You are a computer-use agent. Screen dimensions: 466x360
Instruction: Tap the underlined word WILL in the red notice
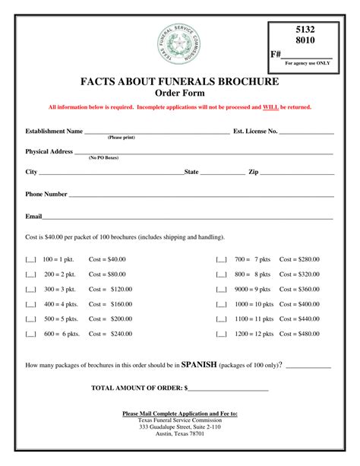pos(270,107)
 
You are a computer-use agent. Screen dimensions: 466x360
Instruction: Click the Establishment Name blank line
pos(156,132)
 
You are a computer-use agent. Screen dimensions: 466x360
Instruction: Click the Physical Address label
pos(49,151)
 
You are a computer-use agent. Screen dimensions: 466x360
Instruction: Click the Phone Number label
pos(46,194)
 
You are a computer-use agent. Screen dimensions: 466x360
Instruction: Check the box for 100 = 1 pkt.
pos(31,260)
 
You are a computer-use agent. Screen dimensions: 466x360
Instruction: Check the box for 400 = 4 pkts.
pos(31,304)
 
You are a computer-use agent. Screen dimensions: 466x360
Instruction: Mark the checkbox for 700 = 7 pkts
pos(221,260)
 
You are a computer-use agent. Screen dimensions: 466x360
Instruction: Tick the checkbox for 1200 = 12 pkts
pos(221,334)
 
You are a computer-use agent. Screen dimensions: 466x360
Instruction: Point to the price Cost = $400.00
pos(300,304)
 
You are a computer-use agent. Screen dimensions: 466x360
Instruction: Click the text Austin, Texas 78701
pos(180,434)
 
